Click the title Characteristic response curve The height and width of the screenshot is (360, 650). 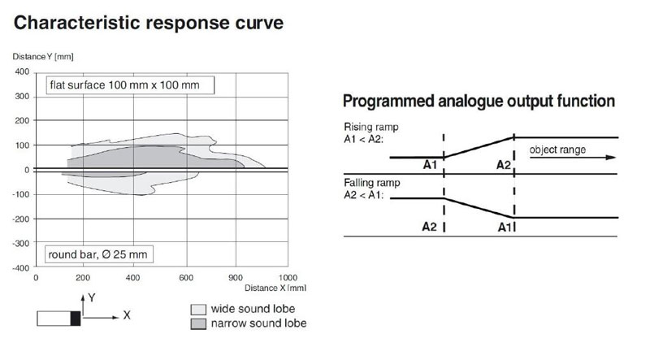149,23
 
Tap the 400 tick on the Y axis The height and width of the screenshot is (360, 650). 22,72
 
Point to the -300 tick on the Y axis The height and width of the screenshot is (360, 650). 21,243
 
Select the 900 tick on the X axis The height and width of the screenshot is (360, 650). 236,277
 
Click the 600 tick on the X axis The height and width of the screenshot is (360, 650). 186,277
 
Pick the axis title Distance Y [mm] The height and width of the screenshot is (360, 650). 43,56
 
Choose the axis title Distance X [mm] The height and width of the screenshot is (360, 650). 275,288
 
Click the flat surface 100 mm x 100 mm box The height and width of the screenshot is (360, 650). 130,85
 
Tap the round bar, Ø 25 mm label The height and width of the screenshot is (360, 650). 98,254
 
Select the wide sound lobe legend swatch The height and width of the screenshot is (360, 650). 198,310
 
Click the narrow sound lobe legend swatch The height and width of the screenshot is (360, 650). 198,323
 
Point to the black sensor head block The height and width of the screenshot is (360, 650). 76,318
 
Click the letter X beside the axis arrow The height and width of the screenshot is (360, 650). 127,315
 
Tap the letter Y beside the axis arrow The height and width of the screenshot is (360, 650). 92,297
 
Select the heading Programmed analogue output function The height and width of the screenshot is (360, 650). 479,102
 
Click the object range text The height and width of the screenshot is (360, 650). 557,150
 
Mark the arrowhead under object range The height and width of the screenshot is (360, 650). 611,158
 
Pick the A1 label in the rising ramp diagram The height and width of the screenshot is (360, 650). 430,165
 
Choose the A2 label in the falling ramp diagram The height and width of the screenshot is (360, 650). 430,227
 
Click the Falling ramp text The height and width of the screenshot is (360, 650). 372,183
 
